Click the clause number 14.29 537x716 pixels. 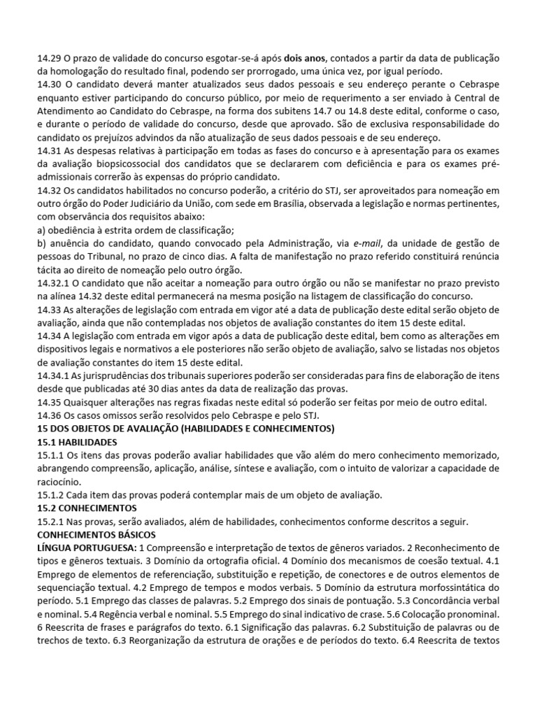pyautogui.click(x=48, y=59)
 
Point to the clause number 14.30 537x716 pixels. pyautogui.click(x=48, y=85)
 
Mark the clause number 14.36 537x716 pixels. pyautogui.click(x=48, y=415)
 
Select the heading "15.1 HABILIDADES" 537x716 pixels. pyautogui.click(x=77, y=442)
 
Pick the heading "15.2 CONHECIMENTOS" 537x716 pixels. pyautogui.click(x=87, y=508)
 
